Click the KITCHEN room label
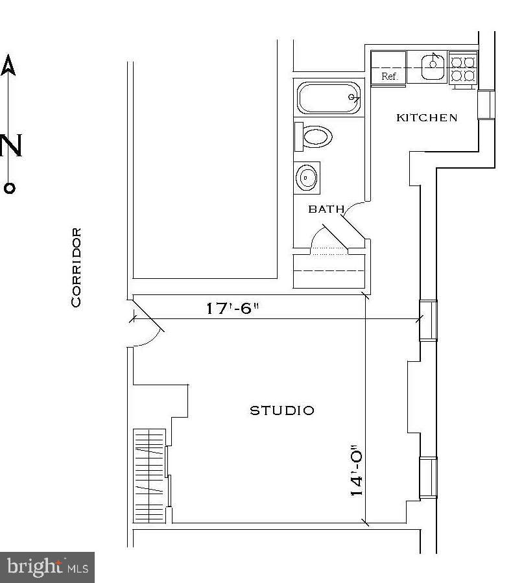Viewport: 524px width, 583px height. [x=426, y=117]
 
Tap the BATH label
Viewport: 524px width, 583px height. [x=326, y=209]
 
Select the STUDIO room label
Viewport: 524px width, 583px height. [x=282, y=410]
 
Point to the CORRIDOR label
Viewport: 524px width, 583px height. [x=77, y=267]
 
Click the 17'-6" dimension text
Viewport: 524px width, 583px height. [x=232, y=308]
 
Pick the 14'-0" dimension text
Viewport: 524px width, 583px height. [x=355, y=470]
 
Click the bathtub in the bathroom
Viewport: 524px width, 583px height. [x=329, y=97]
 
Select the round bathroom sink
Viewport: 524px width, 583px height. [x=306, y=176]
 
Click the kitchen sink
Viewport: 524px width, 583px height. [x=433, y=66]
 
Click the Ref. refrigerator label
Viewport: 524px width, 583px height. [x=389, y=77]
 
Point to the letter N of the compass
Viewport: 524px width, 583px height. [x=11, y=146]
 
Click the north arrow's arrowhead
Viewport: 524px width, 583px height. [x=8, y=65]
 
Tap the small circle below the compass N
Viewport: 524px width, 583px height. [x=9, y=188]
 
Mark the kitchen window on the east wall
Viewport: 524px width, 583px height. [x=486, y=104]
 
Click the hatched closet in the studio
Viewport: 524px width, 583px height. [x=149, y=475]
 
